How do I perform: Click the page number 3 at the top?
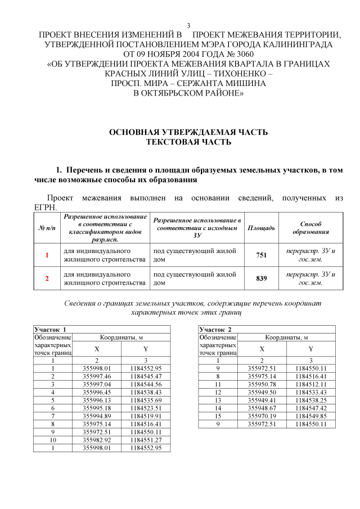[x=188, y=25]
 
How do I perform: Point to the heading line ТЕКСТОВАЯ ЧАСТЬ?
[x=188, y=142]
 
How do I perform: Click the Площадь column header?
[x=261, y=227]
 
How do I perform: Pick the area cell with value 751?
[x=261, y=255]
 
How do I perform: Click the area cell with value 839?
[x=261, y=278]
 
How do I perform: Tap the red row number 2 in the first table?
[x=47, y=278]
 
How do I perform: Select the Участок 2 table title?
[x=215, y=328]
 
